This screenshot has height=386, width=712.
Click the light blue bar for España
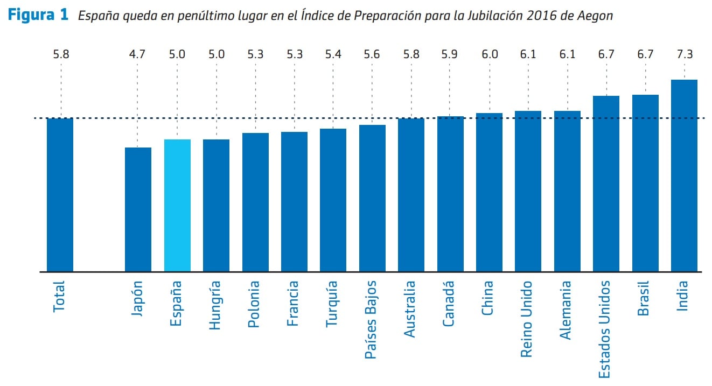177,205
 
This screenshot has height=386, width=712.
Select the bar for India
684,176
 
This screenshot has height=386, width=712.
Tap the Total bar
60,194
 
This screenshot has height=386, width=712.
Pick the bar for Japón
138,209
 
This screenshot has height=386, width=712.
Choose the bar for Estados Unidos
606,184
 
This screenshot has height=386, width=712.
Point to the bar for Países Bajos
372,198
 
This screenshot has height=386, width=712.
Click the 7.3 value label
684,54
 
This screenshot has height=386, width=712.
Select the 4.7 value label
138,54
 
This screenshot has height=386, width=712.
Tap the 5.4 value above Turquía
333,54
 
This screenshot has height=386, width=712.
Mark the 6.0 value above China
489,54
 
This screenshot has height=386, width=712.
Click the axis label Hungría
215,305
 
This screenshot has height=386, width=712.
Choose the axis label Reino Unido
528,319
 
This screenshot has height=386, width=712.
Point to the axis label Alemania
566,311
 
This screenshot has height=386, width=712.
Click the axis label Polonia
255,304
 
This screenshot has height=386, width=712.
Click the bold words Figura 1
38,15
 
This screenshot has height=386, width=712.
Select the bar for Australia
411,195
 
